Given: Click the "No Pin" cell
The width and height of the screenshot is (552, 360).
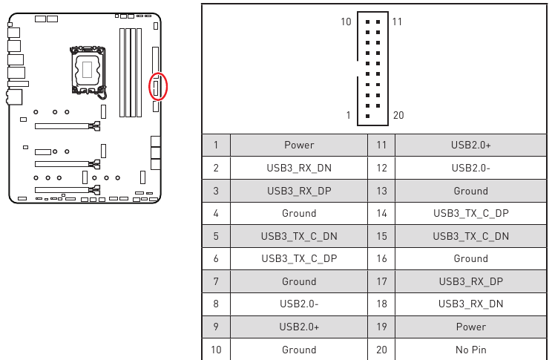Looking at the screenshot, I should tap(470, 349).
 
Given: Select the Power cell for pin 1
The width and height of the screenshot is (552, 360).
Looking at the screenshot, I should tap(299, 145).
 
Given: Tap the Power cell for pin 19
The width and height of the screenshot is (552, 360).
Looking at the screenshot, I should tap(470, 327).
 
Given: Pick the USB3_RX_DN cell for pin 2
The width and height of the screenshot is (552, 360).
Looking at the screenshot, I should tap(299, 168).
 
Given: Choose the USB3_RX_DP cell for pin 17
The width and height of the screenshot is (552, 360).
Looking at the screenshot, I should tap(470, 281).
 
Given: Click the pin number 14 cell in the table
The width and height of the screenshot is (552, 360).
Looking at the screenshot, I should tap(381, 213).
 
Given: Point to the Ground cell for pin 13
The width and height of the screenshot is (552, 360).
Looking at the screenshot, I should tap(470, 191).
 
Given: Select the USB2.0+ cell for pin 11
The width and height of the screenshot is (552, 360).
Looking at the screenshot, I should tap(470, 145).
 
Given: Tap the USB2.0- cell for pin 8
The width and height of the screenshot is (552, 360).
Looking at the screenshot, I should tap(299, 304).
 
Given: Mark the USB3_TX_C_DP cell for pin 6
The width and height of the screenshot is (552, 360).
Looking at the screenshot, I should tap(299, 258).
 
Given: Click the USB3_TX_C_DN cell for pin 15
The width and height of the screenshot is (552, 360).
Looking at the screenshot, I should tap(470, 236).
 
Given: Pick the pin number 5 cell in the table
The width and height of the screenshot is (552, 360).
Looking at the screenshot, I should tap(216, 236).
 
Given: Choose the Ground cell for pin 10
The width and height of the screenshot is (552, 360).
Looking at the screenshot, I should tap(299, 349).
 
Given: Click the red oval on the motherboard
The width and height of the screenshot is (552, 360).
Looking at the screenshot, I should tap(158, 87).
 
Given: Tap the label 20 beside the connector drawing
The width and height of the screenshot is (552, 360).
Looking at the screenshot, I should tap(398, 115).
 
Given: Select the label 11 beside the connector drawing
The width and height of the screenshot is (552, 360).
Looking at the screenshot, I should tap(396, 22).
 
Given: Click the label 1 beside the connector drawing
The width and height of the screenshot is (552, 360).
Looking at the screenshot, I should tap(348, 115).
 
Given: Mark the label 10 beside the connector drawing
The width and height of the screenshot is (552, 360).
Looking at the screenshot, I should tap(346, 22).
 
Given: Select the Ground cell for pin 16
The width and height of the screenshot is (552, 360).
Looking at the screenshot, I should tap(470, 258).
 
